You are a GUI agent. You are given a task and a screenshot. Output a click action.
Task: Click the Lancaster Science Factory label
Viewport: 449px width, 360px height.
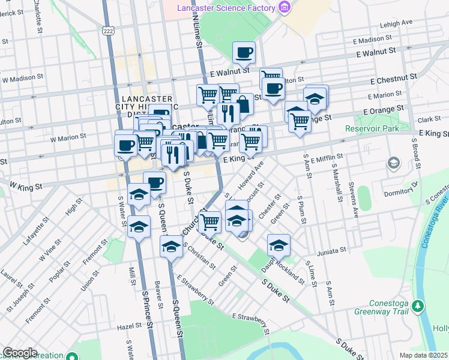point(226,8)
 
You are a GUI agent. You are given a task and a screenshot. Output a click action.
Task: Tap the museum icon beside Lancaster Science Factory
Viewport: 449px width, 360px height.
point(285,8)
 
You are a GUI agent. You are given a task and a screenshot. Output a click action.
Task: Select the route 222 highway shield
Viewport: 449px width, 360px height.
point(109,30)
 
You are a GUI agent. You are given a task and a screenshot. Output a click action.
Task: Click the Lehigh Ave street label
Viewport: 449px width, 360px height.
point(397,23)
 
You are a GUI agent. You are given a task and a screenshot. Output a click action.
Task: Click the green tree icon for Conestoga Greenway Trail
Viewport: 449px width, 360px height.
point(418,307)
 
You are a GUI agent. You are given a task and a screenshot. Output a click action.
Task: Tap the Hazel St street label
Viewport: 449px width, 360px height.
point(129,326)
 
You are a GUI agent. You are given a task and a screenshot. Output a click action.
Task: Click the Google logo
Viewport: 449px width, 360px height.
point(19,353)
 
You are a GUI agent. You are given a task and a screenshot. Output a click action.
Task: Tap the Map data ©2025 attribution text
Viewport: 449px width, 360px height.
point(424,355)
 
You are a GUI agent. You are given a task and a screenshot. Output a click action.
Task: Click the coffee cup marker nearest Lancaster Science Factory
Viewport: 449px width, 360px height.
point(244,53)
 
